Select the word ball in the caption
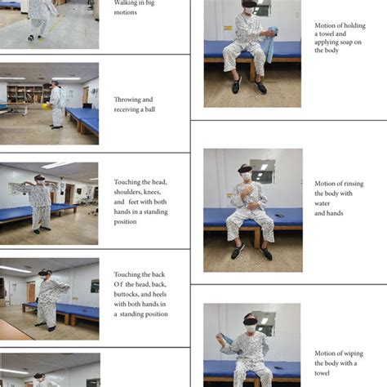click(x=149, y=109)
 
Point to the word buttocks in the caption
click(x=127, y=294)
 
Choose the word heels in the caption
click(x=159, y=294)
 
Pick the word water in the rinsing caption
click(x=322, y=203)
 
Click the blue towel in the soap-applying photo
click(x=270, y=43)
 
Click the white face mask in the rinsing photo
click(x=247, y=176)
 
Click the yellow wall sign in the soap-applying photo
click(x=228, y=28)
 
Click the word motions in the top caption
click(x=125, y=12)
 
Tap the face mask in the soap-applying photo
click(x=248, y=11)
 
